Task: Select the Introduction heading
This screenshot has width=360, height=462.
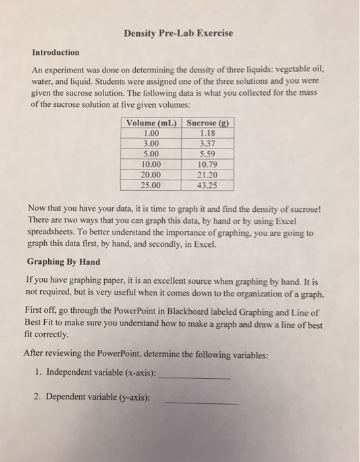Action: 55,52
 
